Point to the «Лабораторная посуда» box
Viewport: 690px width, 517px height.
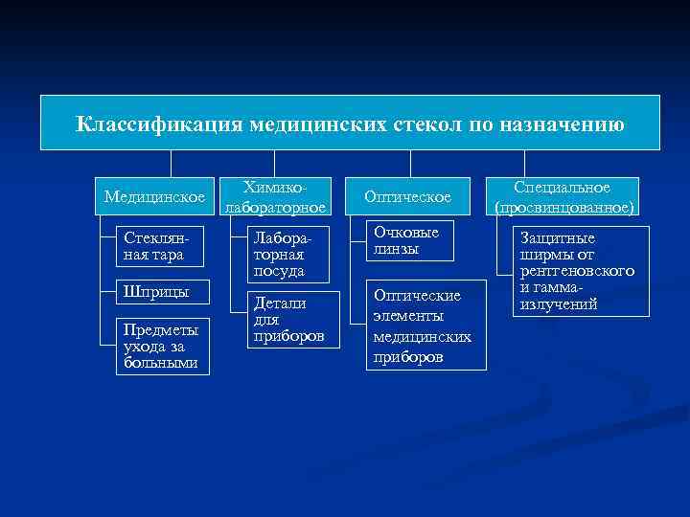pos(287,255)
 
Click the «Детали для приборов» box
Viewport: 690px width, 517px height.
pos(287,320)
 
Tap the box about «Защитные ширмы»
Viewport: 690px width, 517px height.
pos(582,271)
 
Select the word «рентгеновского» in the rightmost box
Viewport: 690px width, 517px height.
pos(577,271)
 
